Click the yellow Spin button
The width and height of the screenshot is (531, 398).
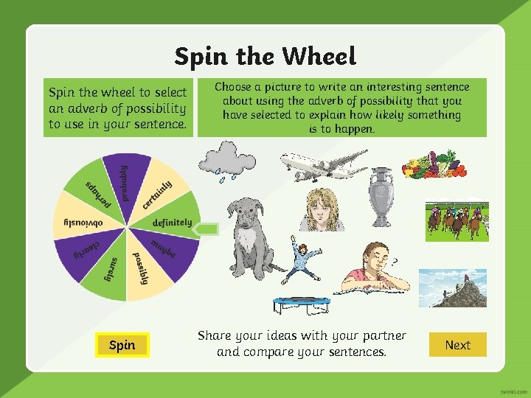(122, 344)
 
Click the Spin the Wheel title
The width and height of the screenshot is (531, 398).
(265, 56)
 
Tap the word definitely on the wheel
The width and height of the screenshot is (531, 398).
(172, 222)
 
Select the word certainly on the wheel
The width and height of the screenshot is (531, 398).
(157, 193)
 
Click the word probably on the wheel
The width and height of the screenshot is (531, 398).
(123, 181)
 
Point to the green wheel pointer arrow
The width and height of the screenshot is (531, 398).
(208, 228)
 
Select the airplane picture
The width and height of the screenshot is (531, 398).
(323, 164)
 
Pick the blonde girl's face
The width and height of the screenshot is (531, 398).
(322, 209)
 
